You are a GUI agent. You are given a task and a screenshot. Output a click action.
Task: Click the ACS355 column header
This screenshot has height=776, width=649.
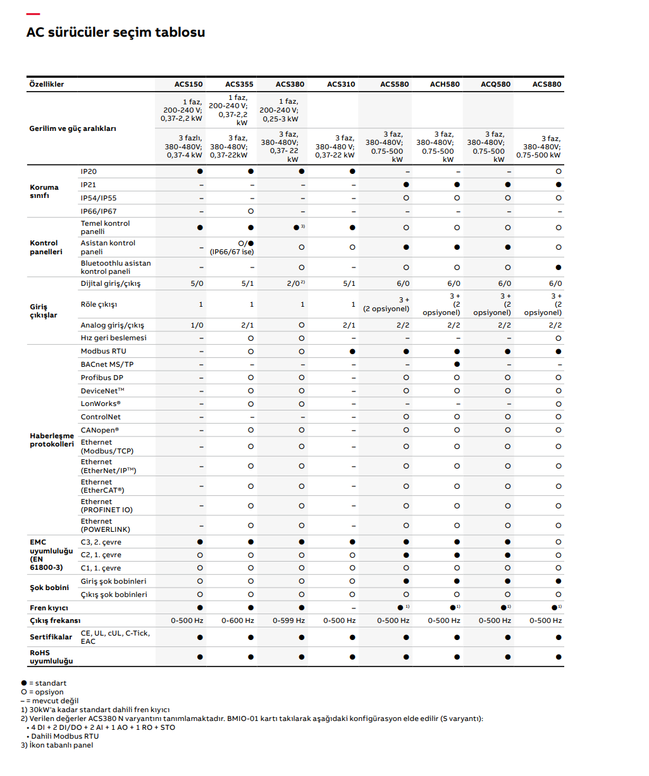pyautogui.click(x=239, y=84)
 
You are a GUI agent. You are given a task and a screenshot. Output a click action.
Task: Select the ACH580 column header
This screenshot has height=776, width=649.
pyautogui.click(x=445, y=84)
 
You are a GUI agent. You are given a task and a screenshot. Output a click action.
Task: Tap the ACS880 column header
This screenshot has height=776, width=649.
pyautogui.click(x=547, y=84)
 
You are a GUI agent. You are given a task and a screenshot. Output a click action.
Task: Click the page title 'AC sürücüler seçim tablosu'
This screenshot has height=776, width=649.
pyautogui.click(x=116, y=32)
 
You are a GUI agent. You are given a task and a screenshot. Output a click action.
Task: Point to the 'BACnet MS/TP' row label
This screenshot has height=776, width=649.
pyautogui.click(x=107, y=364)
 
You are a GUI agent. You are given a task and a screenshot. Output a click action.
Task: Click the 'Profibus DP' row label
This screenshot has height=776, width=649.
pyautogui.click(x=102, y=378)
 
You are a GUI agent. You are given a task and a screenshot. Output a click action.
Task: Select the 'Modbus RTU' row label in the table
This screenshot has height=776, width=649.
pyautogui.click(x=103, y=351)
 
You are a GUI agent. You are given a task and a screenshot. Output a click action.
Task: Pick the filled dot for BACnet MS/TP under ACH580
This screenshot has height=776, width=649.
pyautogui.click(x=457, y=364)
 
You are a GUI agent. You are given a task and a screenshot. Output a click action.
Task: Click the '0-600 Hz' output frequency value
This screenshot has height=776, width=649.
pyautogui.click(x=238, y=620)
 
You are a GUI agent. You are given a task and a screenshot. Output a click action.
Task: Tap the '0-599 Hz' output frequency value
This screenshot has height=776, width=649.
pyautogui.click(x=288, y=620)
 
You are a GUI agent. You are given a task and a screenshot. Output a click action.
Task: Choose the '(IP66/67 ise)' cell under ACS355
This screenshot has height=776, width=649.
pyautogui.click(x=232, y=252)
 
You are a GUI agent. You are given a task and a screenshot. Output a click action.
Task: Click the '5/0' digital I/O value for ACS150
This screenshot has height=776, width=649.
pyautogui.click(x=197, y=283)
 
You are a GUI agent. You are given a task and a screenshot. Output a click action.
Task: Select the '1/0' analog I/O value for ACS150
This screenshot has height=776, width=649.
pyautogui.click(x=197, y=325)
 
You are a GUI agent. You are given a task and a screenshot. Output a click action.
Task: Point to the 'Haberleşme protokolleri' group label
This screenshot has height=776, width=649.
pyautogui.click(x=52, y=440)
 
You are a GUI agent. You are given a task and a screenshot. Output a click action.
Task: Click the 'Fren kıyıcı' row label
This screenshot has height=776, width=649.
pyautogui.click(x=49, y=608)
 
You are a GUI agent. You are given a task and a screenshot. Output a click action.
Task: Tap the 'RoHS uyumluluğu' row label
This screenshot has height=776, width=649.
pyautogui.click(x=51, y=656)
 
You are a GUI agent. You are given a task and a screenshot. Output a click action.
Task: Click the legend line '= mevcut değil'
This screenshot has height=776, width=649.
pyautogui.click(x=50, y=701)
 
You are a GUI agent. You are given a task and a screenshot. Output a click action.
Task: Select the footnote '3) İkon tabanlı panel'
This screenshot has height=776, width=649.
pyautogui.click(x=57, y=745)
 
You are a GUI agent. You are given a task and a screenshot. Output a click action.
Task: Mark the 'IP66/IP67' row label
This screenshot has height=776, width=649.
pyautogui.click(x=99, y=211)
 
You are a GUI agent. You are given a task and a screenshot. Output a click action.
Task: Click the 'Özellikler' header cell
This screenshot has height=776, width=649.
pyautogui.click(x=47, y=84)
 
